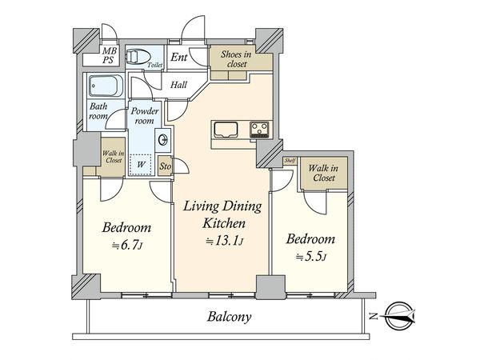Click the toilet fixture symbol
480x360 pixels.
[138, 58]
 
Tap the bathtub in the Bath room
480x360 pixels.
[106, 86]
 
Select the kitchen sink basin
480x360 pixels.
[226, 130]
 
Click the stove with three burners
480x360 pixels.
[259, 130]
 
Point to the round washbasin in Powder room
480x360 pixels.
[163, 140]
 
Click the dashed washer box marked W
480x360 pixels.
[141, 164]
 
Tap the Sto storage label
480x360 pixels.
[166, 166]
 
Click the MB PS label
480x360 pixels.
[108, 55]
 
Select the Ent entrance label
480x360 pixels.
[178, 57]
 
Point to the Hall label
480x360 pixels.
[178, 85]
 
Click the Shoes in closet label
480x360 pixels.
[236, 59]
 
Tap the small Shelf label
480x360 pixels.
[290, 161]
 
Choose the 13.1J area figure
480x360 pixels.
[225, 242]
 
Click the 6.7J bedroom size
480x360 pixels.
[126, 246]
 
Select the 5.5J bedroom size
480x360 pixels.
[310, 257]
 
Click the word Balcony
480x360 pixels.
[230, 316]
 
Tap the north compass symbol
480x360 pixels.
[399, 316]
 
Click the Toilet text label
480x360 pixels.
[155, 65]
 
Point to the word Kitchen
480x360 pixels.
[224, 223]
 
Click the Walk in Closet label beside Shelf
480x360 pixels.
[324, 173]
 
